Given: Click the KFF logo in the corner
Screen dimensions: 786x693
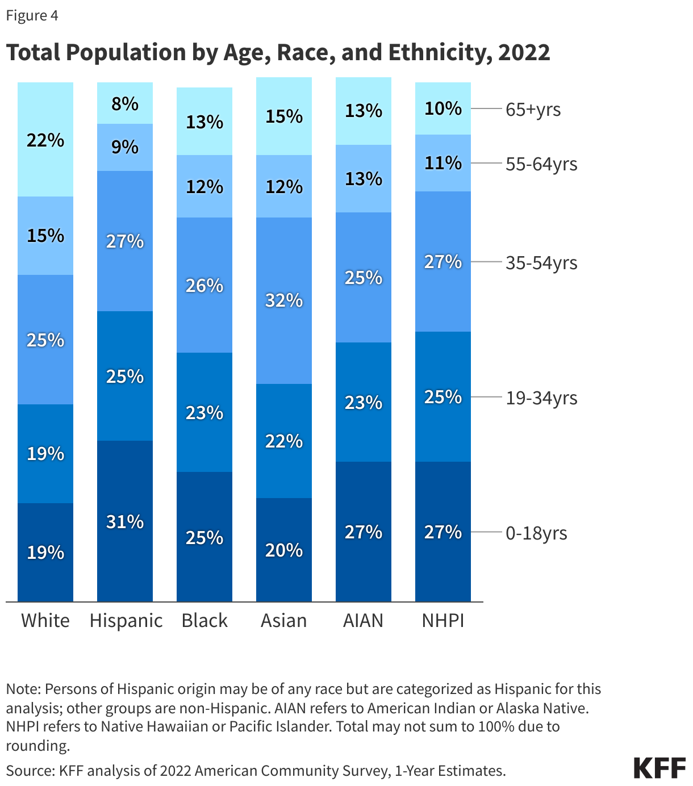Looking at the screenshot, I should point(659,768).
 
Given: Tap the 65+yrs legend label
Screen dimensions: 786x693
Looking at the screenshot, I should point(533,109).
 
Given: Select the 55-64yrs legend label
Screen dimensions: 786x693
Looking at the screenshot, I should point(541,164).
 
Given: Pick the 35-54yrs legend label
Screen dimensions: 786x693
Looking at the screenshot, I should point(541,263).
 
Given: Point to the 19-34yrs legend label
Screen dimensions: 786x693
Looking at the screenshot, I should point(541,398).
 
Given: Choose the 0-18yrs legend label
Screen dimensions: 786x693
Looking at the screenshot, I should point(536,533).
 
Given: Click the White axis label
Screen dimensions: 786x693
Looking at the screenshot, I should point(45,620).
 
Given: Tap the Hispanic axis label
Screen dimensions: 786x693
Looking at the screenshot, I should point(126,620).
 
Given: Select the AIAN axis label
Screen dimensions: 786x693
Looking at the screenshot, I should point(363,620).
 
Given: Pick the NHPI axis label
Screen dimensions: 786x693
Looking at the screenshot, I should point(442,620).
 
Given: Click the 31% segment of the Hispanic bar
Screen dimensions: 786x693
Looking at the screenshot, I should point(125,521).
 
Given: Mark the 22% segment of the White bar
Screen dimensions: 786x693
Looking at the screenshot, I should point(45,140).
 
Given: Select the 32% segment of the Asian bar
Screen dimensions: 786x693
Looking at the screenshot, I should point(284,300).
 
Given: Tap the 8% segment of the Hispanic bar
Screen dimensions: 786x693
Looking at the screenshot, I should point(125,103).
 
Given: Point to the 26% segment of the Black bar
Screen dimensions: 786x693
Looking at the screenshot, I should point(204,285).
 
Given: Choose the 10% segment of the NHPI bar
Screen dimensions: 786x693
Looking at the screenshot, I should point(443,108).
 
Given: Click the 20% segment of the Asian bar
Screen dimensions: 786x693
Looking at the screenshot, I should point(284,550).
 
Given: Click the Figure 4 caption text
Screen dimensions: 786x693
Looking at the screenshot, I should point(32,15).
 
